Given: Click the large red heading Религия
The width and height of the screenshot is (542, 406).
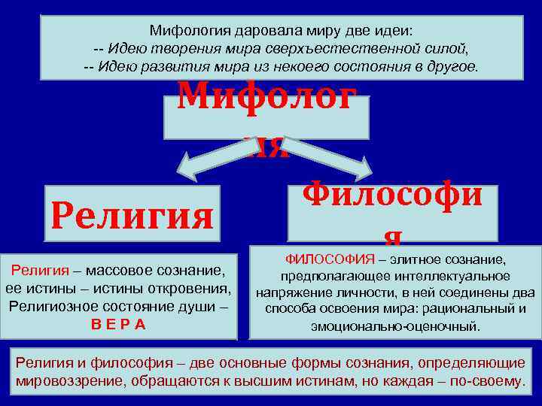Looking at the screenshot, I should click(132, 216).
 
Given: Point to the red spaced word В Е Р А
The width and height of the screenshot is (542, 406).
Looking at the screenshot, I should click(118, 324).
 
